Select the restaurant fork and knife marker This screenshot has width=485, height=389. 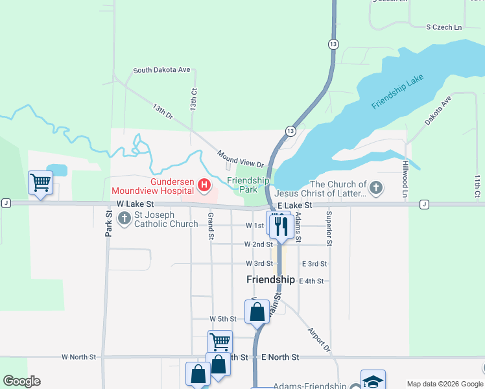point(281,226)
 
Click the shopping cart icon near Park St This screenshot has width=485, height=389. point(40,182)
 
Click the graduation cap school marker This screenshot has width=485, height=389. point(373,381)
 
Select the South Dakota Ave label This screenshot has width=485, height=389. point(161,70)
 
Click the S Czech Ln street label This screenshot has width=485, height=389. point(444,27)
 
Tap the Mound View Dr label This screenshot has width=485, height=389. point(241,159)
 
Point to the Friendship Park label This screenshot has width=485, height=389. point(248,185)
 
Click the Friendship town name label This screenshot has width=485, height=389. point(271,279)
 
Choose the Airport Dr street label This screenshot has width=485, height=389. point(319,338)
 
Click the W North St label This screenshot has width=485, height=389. point(78,357)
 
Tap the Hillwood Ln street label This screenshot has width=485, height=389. point(404,179)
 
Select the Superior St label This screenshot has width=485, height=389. point(329,228)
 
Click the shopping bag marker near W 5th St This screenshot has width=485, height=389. point(257,311)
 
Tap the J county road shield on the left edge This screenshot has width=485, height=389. point(5,203)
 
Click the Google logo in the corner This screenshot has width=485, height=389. point(21,381)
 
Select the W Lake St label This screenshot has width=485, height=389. point(134,204)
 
